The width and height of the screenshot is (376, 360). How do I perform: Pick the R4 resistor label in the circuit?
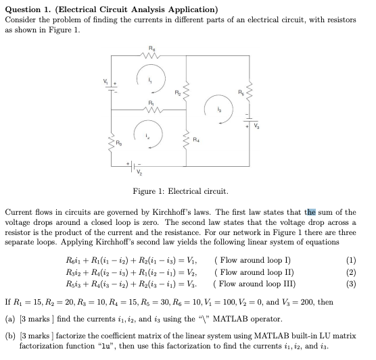coord(196,141)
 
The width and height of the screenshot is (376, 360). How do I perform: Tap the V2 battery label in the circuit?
coord(141,171)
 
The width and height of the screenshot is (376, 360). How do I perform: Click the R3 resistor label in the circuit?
coord(118,143)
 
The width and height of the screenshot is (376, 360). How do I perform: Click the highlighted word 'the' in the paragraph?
coord(310,213)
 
